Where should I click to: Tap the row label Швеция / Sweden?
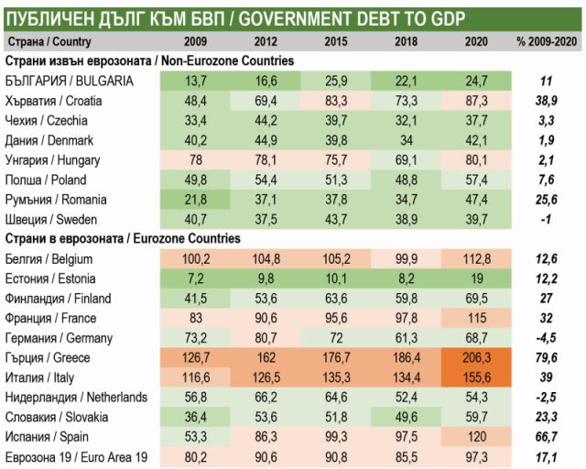pyautogui.click(x=49, y=220)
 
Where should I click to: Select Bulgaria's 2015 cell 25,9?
pyautogui.click(x=337, y=81)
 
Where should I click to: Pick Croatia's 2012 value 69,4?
pyautogui.click(x=266, y=101)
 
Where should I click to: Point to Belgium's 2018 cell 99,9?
pyautogui.click(x=407, y=259)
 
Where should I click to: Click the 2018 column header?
pyautogui.click(x=407, y=42)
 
